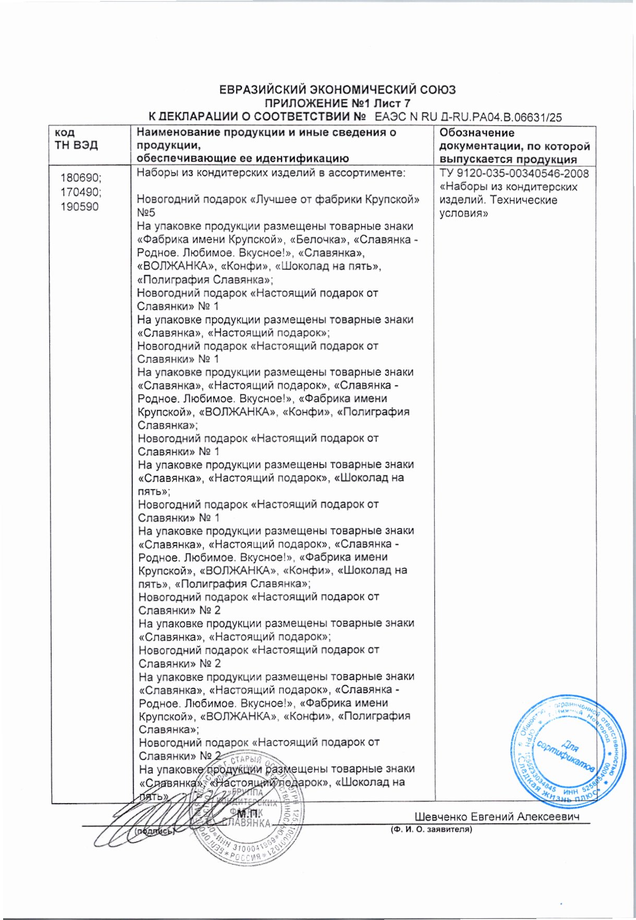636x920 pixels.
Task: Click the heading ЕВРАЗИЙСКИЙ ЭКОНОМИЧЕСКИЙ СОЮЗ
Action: point(337,90)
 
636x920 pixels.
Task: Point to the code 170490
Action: point(81,192)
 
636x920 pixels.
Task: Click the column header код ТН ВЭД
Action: point(76,139)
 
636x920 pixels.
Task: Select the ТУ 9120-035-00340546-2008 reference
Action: point(514,174)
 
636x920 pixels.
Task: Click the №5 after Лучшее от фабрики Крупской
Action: point(146,213)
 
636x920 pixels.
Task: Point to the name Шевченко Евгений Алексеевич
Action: point(497,817)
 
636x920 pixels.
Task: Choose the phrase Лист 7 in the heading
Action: point(392,103)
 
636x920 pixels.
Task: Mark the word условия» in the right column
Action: point(463,213)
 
